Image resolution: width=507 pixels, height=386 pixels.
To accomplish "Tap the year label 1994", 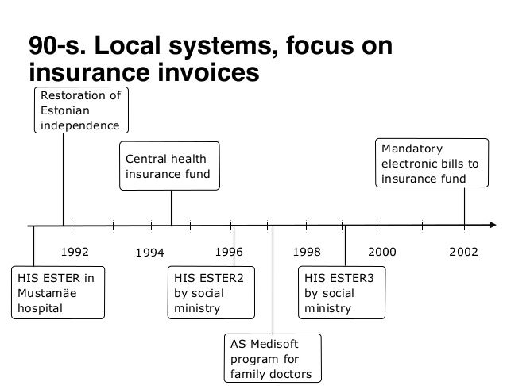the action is point(149,253).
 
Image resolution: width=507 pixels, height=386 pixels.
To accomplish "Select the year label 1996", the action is point(229,252).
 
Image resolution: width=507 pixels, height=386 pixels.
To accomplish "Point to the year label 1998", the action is point(307,252).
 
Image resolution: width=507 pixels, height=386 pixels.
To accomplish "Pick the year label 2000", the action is point(382,252).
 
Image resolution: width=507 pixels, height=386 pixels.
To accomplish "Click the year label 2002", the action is point(463,252).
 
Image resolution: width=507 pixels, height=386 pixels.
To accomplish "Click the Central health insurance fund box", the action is point(168,166).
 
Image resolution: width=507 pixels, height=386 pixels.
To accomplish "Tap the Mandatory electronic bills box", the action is point(430,164).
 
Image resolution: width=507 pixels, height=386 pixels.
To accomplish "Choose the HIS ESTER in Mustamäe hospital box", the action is point(57,293).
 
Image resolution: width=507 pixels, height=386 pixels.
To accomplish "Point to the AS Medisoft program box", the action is point(272,358).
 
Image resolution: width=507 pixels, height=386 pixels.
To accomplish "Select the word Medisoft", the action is point(284,344).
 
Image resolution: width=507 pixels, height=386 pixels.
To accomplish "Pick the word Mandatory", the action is point(413,149).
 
